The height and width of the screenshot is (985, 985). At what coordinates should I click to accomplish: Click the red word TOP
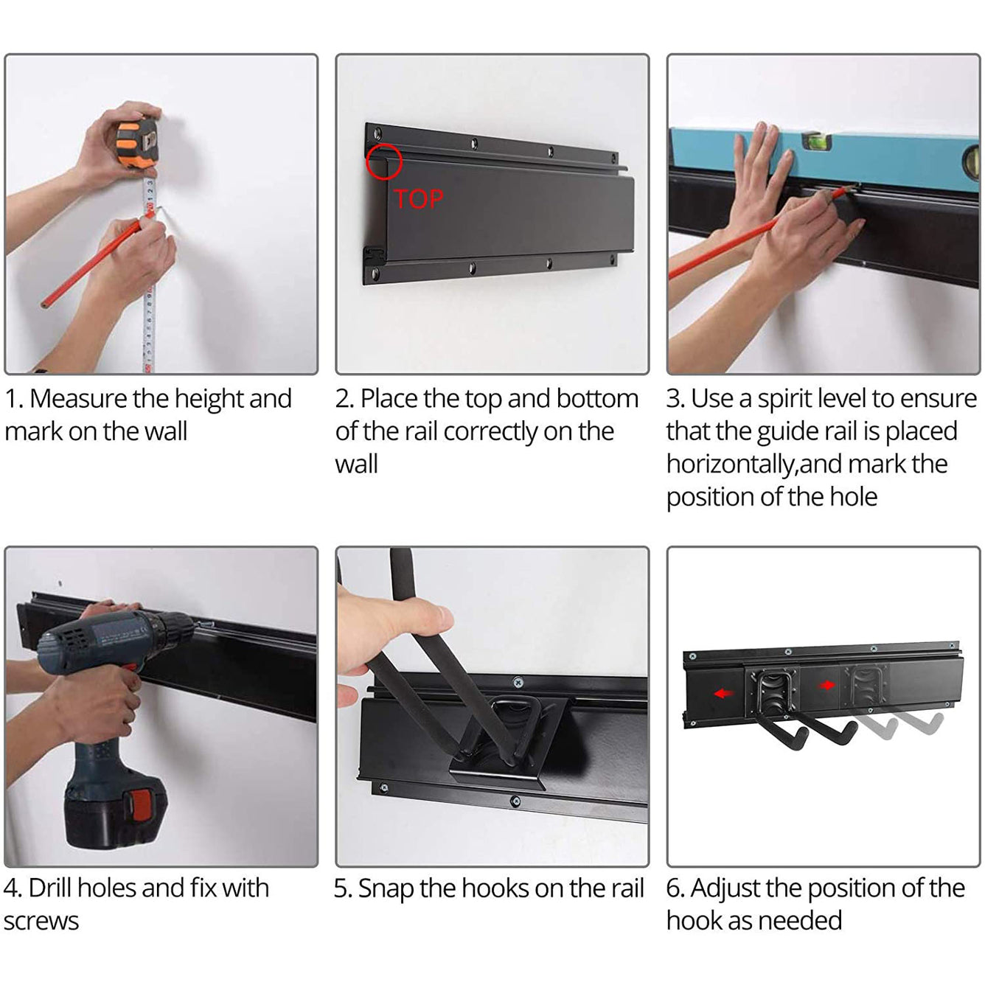(418, 199)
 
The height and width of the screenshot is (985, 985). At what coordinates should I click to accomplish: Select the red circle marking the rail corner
(384, 161)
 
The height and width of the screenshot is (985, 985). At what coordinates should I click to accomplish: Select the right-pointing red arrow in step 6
(826, 685)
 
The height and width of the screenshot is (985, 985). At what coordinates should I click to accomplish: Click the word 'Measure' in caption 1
(78, 399)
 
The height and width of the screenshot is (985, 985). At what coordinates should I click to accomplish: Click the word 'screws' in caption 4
(41, 922)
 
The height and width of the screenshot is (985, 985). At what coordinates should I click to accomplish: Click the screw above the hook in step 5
(518, 682)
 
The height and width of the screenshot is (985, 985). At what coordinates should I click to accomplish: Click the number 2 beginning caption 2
(341, 399)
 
